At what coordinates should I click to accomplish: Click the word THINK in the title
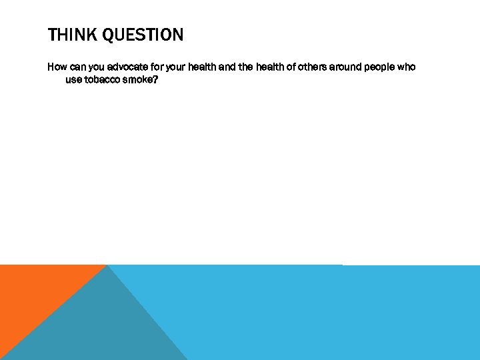click(72, 35)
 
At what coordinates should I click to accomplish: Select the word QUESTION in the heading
click(143, 35)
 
